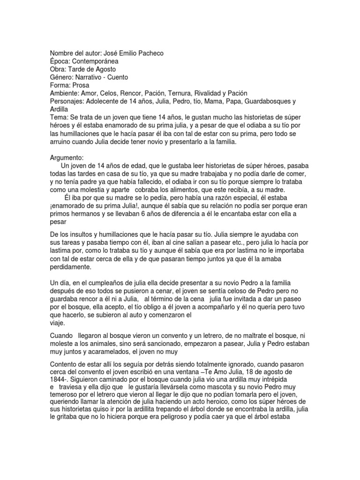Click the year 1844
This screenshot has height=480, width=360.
coord(59,378)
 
